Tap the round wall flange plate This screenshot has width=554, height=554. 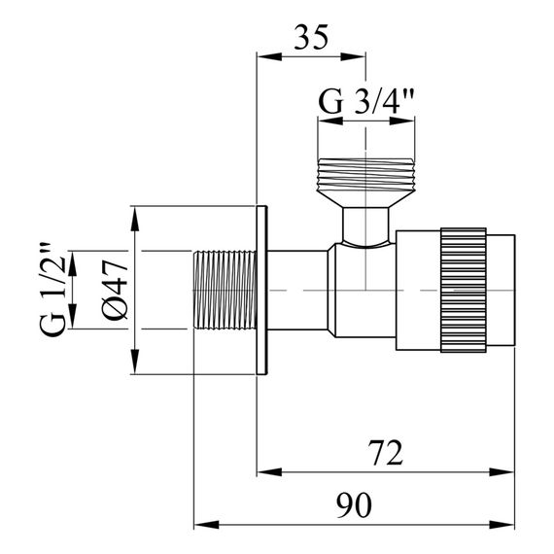pyautogui.click(x=261, y=291)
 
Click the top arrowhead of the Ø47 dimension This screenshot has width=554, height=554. pyautogui.click(x=134, y=213)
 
